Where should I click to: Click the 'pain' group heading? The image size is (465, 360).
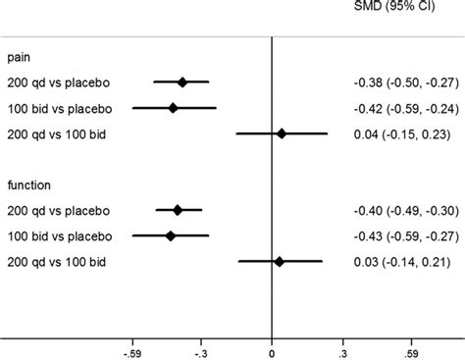(x=19, y=58)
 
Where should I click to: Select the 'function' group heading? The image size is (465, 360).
(x=28, y=185)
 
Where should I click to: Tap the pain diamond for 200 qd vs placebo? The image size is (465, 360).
(x=182, y=82)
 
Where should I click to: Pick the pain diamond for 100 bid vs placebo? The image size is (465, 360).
(x=174, y=108)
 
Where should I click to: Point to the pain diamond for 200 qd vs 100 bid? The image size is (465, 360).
(x=282, y=133)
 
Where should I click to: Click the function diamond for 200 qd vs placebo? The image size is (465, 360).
(x=178, y=210)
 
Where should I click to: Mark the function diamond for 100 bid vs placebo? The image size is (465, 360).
(x=171, y=235)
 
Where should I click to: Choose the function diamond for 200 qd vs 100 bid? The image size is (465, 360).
(x=279, y=261)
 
